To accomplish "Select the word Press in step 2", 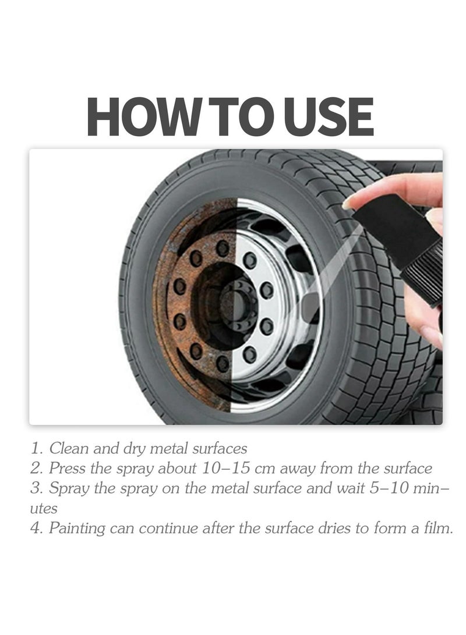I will (68, 469).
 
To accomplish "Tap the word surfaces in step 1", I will (220, 449).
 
